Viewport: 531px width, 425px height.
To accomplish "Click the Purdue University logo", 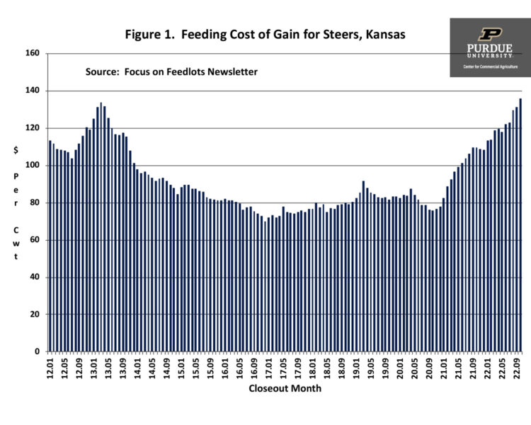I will [489, 47].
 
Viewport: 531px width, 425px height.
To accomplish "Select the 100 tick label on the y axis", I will [35, 166].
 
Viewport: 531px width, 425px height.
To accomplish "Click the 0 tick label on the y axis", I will [40, 351].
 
